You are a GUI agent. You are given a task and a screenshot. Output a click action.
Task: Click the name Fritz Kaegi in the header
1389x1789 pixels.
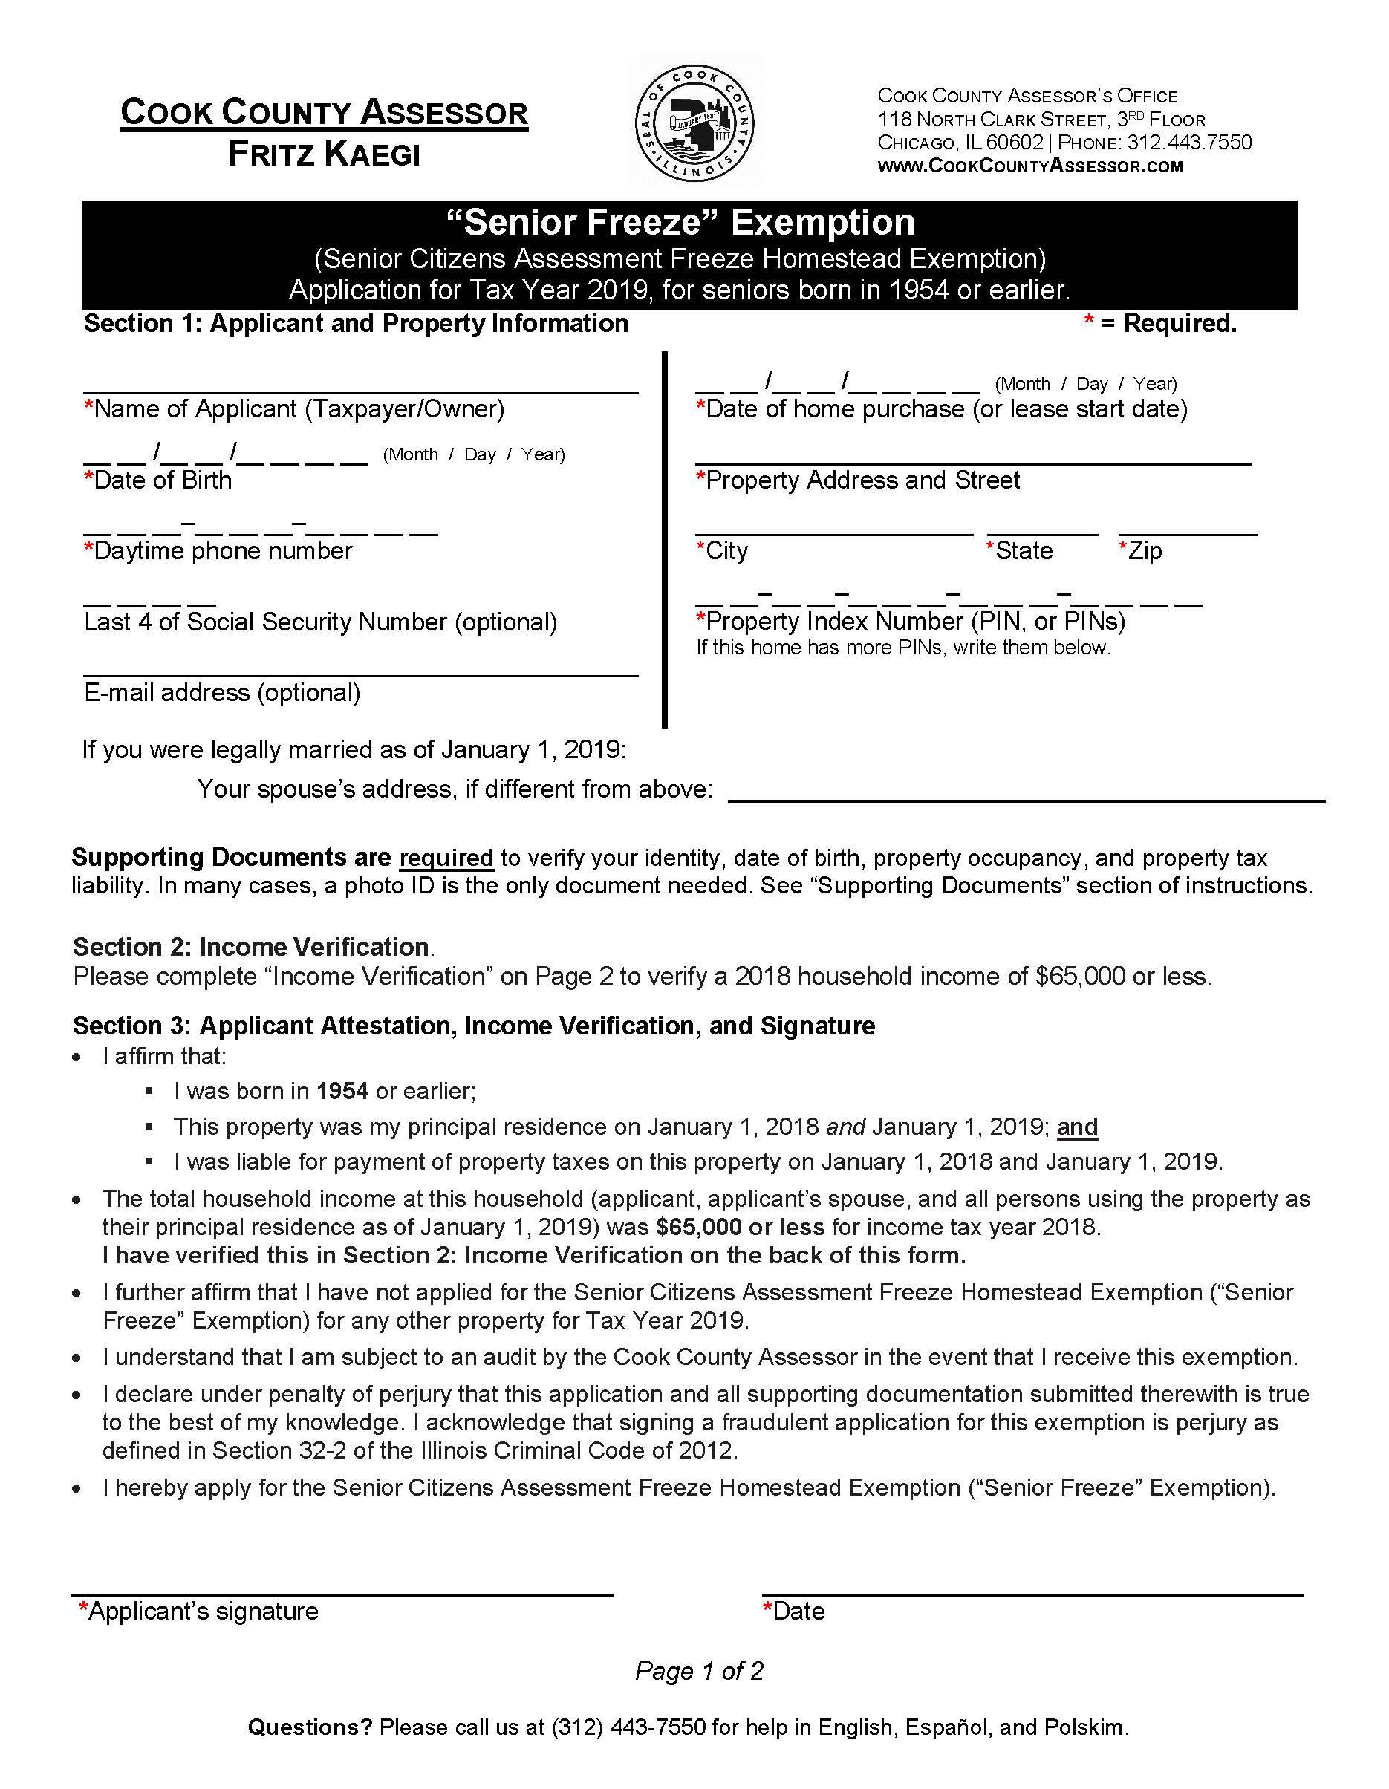(324, 154)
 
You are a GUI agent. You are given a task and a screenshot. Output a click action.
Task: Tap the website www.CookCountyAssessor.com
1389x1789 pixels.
(1030, 166)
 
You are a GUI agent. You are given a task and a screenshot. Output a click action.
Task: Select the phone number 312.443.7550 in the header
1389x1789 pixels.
(1189, 143)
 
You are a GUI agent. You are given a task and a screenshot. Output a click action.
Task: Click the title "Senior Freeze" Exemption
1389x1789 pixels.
(680, 223)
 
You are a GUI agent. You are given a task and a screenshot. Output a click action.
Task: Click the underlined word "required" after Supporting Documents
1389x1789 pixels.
(446, 858)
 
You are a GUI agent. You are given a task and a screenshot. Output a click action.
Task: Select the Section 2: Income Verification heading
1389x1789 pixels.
(251, 947)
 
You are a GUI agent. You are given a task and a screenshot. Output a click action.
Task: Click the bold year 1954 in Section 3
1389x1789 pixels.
(342, 1091)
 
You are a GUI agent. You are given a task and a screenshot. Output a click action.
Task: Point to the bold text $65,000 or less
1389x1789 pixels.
(740, 1226)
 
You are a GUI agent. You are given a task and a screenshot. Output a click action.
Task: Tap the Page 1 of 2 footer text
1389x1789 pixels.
(698, 1670)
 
